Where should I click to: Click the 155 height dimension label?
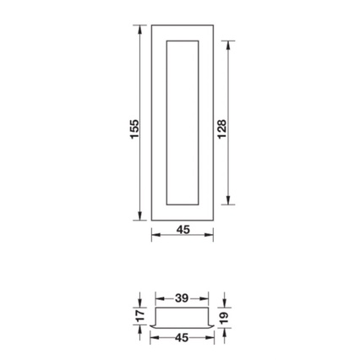tap(134, 129)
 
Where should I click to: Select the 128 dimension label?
tap(222, 129)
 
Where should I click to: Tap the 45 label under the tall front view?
tap(183, 230)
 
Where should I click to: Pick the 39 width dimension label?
tap(182, 298)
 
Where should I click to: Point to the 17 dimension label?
tap(141, 315)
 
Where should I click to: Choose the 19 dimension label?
tap(224, 318)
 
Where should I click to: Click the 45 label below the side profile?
tap(182, 337)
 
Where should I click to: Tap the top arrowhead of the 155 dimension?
tap(139, 29)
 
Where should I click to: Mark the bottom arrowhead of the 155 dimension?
tap(139, 215)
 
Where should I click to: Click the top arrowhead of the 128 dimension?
tap(228, 45)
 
